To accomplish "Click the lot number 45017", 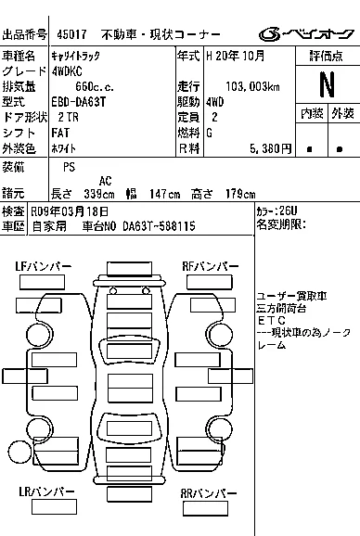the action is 71,34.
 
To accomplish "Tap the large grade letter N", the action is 327,84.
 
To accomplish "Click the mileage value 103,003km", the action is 252,86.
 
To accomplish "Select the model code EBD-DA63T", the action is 79,102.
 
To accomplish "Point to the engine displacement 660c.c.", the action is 95,86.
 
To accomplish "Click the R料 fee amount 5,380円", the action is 270,148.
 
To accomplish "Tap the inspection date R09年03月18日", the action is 70,211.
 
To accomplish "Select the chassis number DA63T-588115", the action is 159,226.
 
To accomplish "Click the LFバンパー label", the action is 43,266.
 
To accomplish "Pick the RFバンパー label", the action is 211,266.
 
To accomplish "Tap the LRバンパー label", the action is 46,491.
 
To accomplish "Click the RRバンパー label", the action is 208,493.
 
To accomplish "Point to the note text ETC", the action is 272,321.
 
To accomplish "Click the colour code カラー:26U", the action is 276,211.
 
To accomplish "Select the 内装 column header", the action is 312,113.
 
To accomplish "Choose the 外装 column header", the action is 342,113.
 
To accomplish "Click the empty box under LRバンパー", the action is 54,507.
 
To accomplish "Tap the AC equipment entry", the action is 105,181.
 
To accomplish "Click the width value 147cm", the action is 164,194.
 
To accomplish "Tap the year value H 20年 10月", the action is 236,56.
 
